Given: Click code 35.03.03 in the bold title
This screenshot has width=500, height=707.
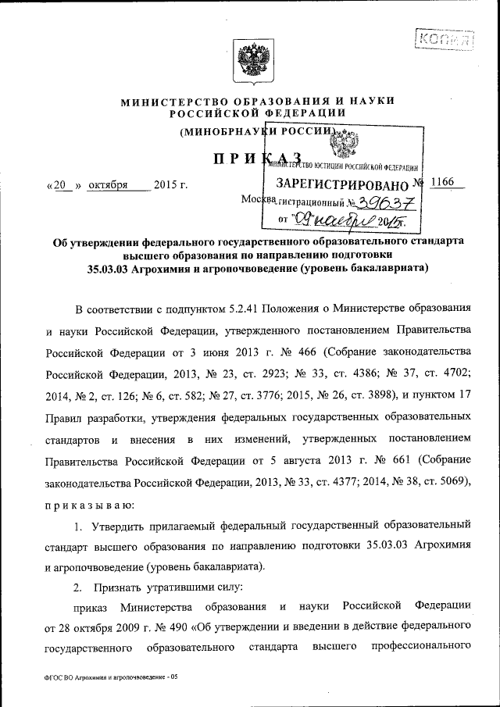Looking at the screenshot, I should pos(107,269).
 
